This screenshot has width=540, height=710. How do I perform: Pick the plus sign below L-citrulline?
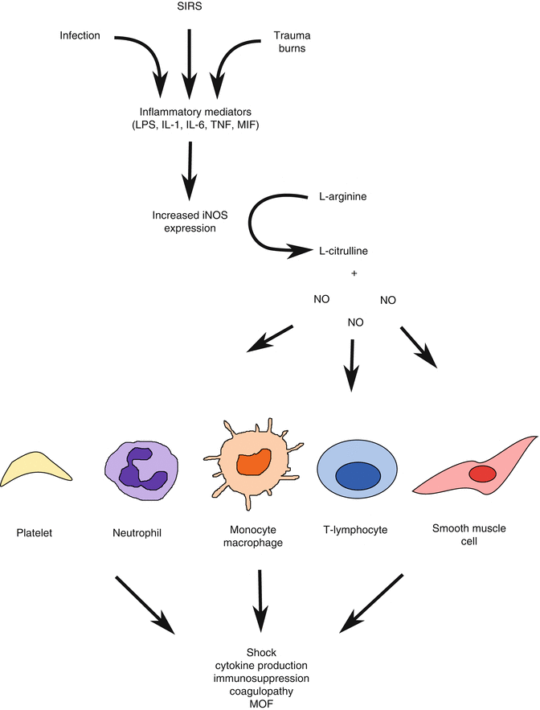pyautogui.click(x=354, y=274)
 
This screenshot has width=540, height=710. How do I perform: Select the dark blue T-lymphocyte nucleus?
pyautogui.click(x=358, y=475)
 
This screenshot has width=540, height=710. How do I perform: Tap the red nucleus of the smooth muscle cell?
pyautogui.click(x=482, y=473)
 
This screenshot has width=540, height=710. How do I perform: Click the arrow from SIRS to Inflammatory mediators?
pyautogui.click(x=189, y=60)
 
